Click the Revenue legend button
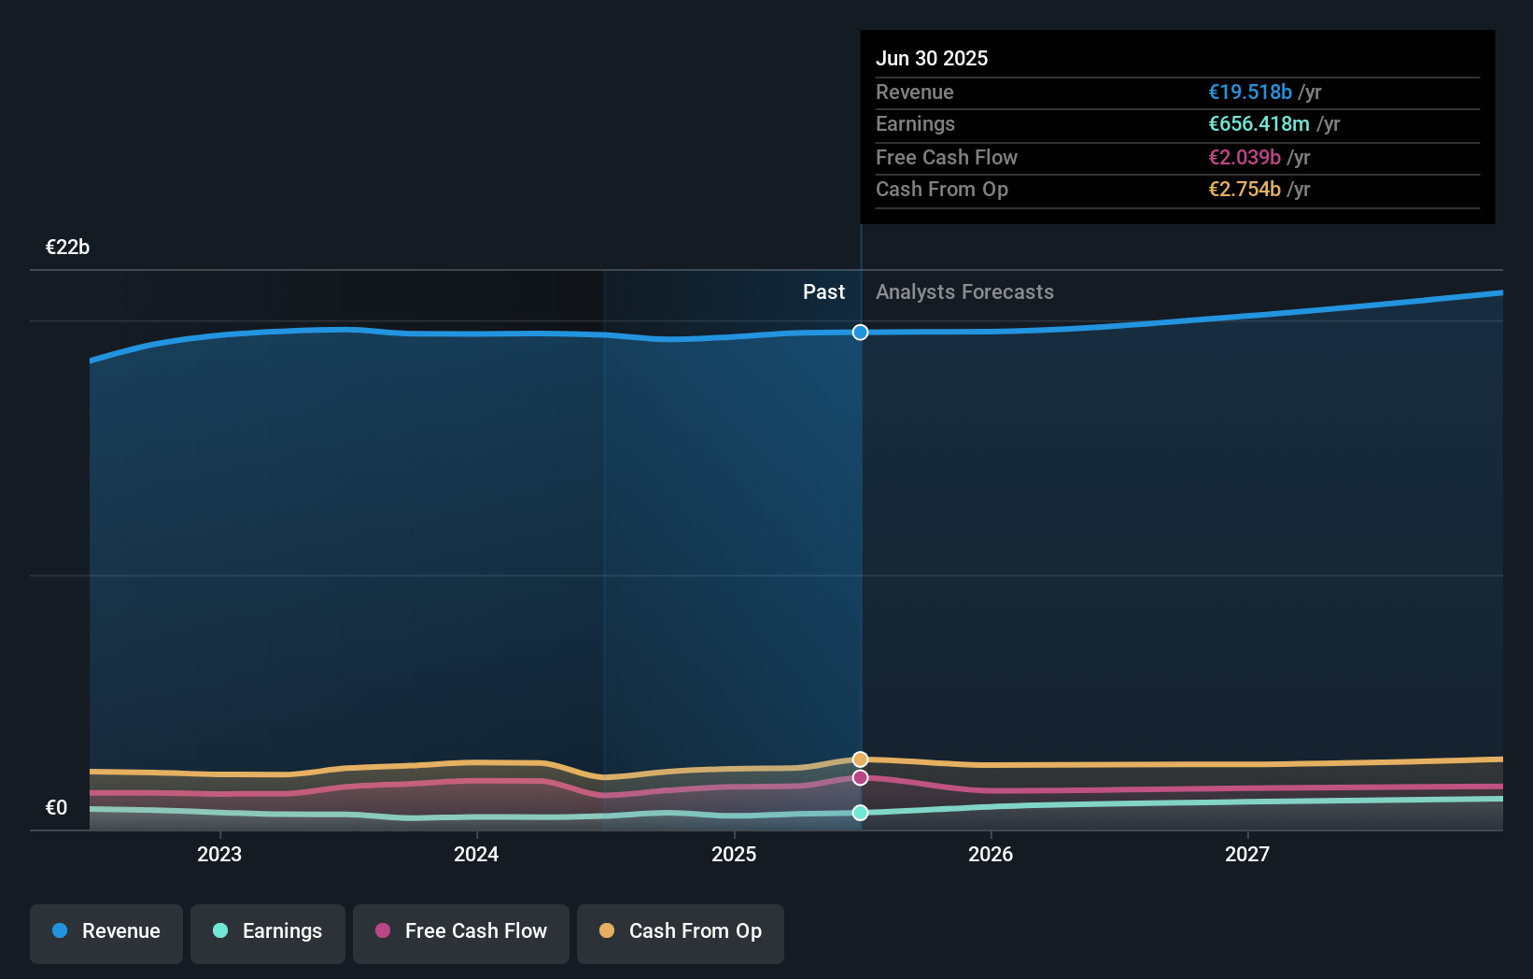(106, 931)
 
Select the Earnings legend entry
(268, 931)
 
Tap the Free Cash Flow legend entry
(461, 931)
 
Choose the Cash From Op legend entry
(681, 931)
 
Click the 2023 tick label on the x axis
(219, 854)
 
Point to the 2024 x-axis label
(476, 854)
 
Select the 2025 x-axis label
(734, 854)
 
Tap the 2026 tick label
(991, 854)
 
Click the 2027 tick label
(1247, 854)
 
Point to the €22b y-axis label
(67, 248)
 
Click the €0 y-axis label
(56, 808)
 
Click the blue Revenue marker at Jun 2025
(861, 333)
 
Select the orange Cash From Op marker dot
(861, 759)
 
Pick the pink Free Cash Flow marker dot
(861, 777)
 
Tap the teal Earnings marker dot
(861, 813)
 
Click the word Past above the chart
(823, 292)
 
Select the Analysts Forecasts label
(964, 292)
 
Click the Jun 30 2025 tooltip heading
(931, 58)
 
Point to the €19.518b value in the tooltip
(1250, 92)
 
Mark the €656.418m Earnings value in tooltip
(1259, 124)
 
